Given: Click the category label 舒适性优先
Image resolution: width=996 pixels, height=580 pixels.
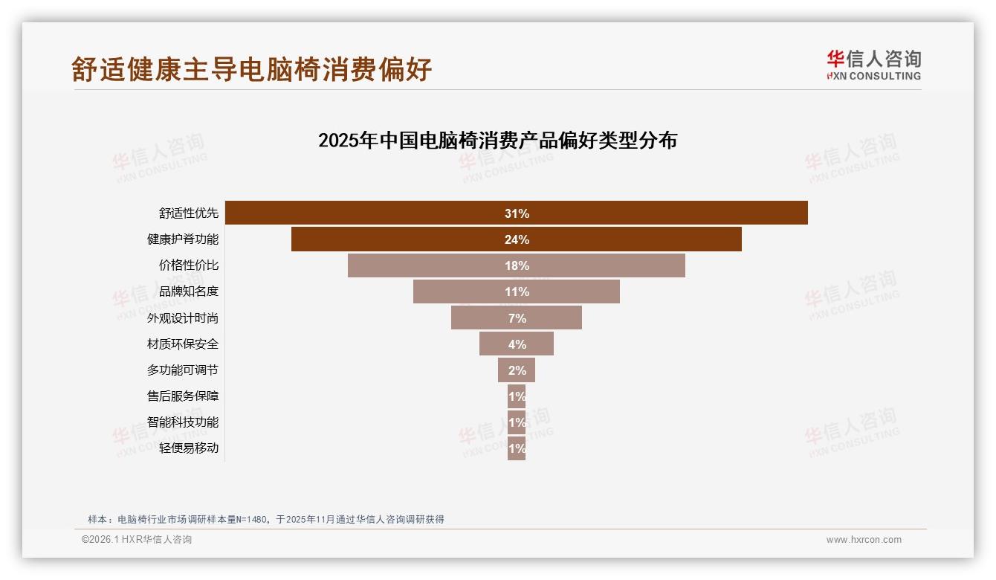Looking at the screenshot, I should (189, 213).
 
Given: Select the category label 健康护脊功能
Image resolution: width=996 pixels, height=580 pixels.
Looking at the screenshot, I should (183, 239).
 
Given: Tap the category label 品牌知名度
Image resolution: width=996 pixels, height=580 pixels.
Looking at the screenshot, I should (189, 291).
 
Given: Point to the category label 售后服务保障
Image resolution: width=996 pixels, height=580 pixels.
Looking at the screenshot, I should (183, 396).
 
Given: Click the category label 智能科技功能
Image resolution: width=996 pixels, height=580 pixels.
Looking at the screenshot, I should (183, 422).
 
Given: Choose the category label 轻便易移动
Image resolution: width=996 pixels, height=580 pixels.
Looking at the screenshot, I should (189, 448).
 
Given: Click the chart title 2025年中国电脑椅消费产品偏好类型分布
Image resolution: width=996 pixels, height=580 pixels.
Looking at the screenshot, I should (497, 141).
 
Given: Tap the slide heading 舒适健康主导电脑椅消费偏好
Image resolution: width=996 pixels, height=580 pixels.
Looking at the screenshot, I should (251, 69).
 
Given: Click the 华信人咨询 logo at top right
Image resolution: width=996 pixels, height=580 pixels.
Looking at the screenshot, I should (873, 65).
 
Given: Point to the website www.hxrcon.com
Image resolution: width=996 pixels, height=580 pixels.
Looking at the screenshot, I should (864, 540).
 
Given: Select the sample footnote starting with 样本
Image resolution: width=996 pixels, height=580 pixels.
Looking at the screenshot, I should (265, 519).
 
